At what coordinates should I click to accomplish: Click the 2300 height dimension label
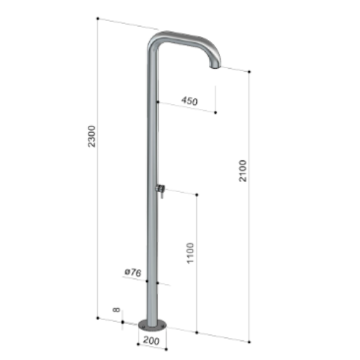(91, 136)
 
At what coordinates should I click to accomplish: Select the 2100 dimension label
(243, 171)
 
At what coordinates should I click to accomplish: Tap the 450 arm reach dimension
(189, 101)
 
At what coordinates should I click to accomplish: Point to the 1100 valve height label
(191, 253)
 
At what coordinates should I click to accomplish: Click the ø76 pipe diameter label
(133, 272)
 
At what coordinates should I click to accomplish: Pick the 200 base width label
(151, 340)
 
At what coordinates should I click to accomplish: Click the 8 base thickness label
(116, 309)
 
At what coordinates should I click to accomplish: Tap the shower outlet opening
(214, 67)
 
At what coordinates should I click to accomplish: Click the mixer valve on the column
(160, 188)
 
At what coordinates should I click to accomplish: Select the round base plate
(153, 326)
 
